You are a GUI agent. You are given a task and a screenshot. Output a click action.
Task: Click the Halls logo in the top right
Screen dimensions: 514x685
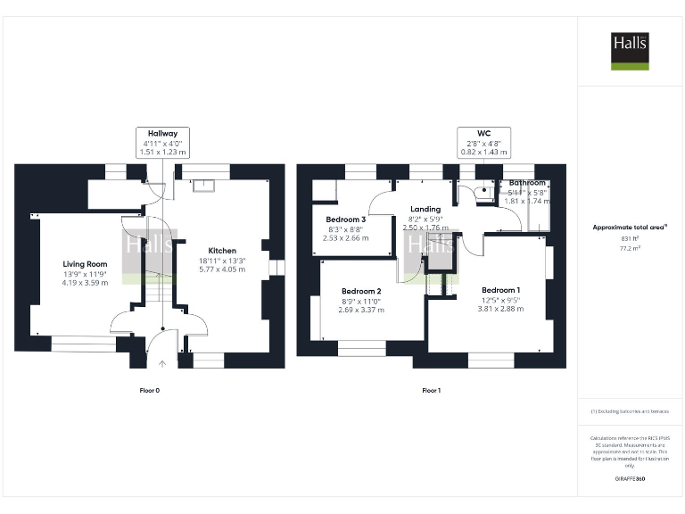click(630, 51)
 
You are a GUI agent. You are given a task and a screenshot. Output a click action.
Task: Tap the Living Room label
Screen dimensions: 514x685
click(85, 263)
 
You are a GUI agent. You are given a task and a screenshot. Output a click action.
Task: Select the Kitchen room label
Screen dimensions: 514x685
click(222, 250)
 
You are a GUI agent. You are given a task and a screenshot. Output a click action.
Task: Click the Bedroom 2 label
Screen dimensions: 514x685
click(361, 291)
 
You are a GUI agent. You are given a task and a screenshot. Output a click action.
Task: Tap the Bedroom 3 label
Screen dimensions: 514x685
click(345, 220)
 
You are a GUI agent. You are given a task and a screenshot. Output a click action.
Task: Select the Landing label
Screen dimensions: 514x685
click(425, 210)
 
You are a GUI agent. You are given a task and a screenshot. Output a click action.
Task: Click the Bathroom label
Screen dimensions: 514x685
click(527, 183)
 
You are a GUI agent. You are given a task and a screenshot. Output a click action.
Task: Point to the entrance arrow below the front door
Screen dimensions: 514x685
click(162, 363)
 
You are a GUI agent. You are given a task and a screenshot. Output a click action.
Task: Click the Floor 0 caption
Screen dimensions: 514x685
click(150, 391)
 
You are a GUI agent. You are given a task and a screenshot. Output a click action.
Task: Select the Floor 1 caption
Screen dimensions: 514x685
click(432, 391)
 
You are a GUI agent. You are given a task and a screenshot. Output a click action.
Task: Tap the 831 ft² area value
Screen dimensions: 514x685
click(630, 239)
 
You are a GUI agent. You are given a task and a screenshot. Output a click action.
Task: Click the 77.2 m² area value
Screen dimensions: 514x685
click(630, 251)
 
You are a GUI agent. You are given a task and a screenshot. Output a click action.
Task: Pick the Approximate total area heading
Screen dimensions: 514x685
click(630, 227)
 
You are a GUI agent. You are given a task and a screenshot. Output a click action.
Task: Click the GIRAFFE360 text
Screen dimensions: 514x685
click(630, 479)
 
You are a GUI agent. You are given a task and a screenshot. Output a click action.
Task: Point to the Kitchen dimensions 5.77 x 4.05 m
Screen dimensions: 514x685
click(222, 269)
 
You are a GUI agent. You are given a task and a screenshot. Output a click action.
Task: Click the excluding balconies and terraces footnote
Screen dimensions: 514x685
click(630, 411)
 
